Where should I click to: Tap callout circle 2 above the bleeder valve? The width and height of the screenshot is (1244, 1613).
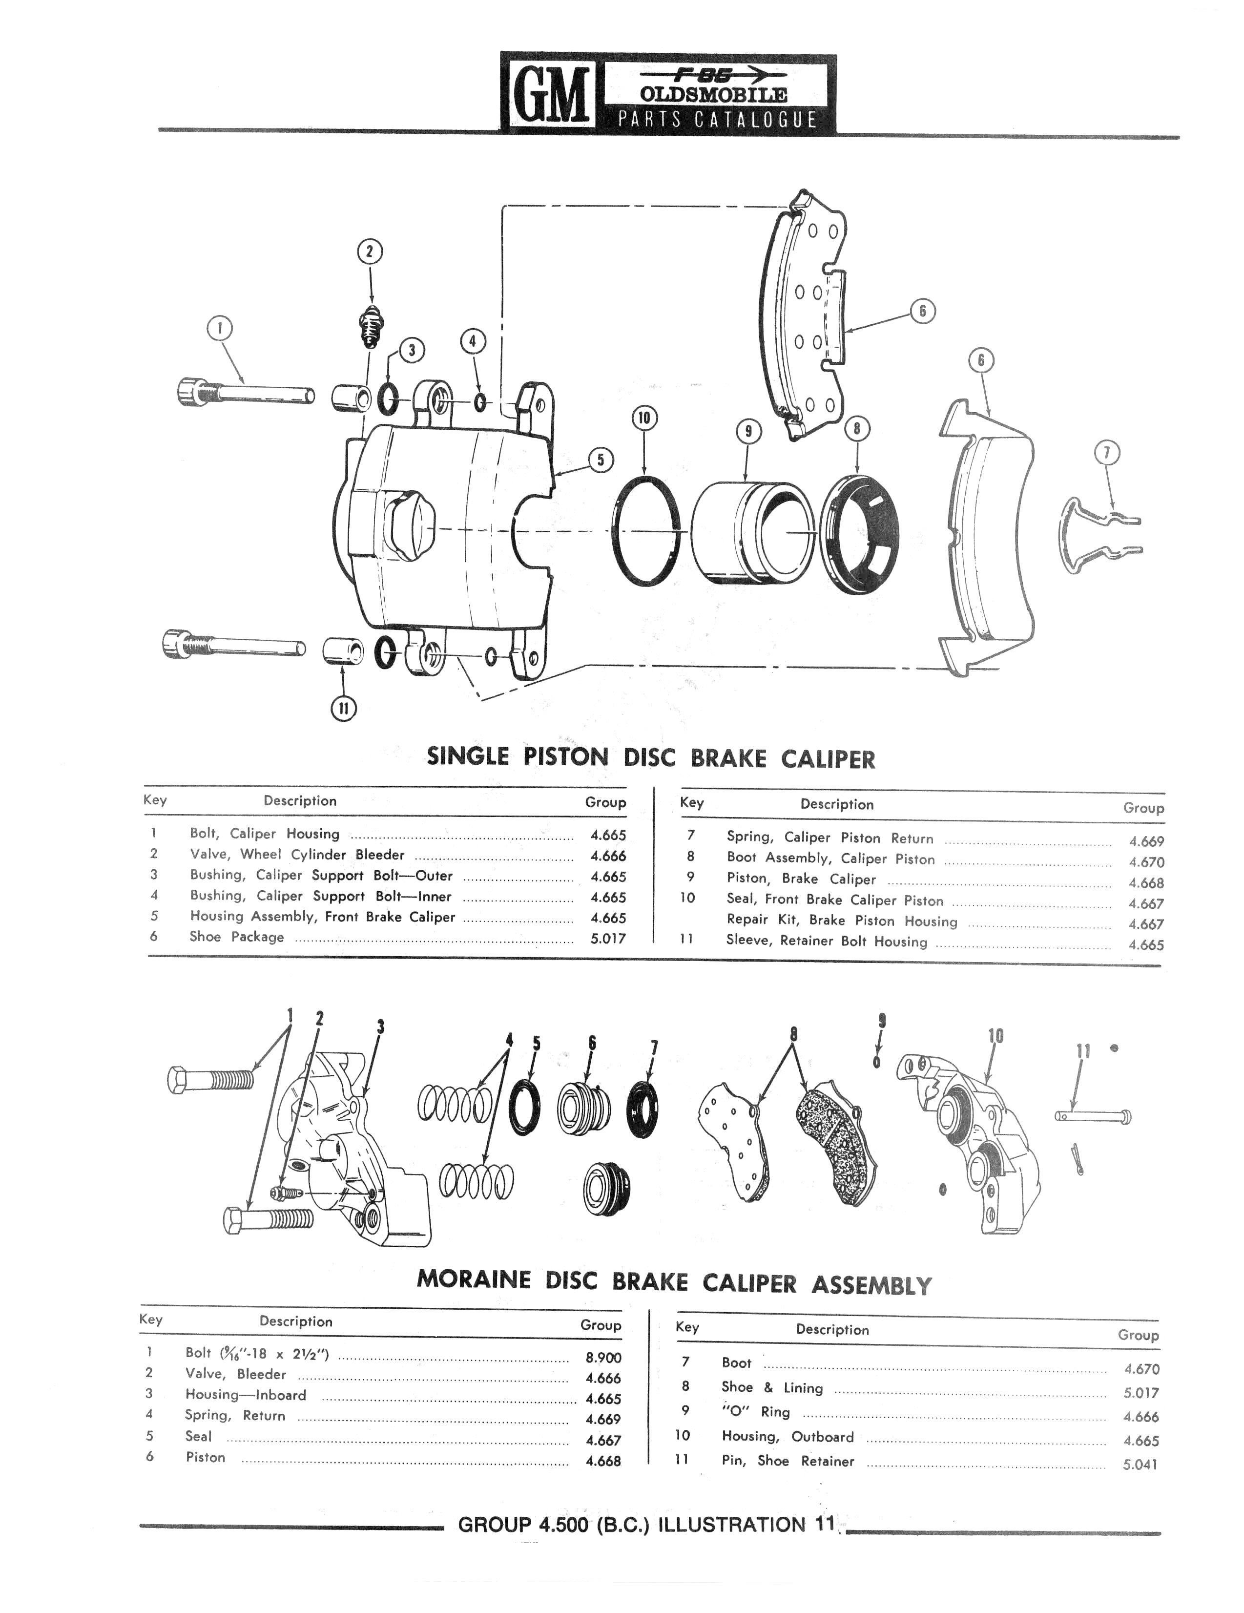point(370,252)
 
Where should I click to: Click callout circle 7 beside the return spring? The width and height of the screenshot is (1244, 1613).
point(1107,453)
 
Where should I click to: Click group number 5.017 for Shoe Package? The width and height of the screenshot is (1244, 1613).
point(608,939)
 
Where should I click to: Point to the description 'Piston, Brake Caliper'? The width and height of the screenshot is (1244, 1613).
point(801,879)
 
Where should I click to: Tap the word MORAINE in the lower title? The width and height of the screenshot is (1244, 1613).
point(473,1279)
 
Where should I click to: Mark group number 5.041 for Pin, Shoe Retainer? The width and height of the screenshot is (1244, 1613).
point(1140,1465)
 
